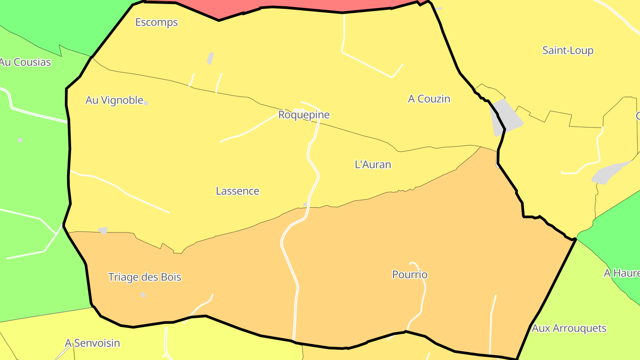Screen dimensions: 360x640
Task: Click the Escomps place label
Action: [156, 22]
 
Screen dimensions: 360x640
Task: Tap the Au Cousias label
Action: [26, 62]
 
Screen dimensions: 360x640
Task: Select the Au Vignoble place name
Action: [114, 100]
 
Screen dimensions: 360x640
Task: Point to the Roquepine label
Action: [304, 115]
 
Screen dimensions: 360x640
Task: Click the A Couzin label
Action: [429, 99]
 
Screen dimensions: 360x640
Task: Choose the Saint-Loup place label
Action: [568, 50]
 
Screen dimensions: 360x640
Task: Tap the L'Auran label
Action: [373, 164]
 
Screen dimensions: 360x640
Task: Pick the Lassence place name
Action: [237, 191]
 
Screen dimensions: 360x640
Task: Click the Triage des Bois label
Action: [145, 277]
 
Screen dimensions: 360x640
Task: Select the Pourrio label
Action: [410, 275]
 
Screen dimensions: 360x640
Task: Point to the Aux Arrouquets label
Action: [569, 328]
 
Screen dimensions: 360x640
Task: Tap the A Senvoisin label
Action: [92, 343]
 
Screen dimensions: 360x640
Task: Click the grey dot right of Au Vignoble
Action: [146, 103]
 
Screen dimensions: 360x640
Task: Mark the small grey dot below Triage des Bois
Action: [143, 295]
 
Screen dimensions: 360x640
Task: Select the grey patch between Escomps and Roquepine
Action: [211, 58]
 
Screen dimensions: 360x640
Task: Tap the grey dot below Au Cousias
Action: [20, 140]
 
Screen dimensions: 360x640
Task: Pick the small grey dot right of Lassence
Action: [305, 204]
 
